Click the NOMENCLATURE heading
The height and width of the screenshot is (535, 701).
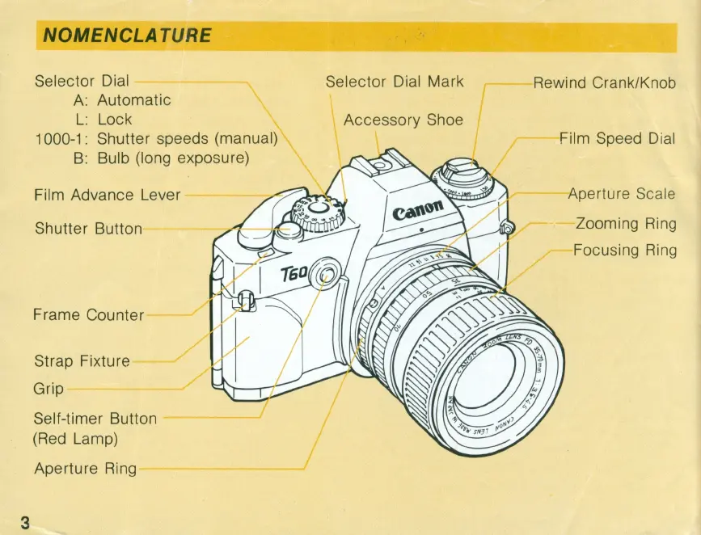[127, 36]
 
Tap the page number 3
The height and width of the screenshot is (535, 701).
[25, 521]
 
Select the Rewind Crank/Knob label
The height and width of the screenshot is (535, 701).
[604, 83]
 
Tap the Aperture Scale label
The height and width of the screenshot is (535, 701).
[621, 194]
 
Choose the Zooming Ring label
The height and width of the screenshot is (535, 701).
[625, 223]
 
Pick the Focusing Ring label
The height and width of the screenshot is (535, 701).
[624, 250]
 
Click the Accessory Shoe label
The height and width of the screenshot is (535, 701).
[403, 120]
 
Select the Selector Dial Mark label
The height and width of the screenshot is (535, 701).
[394, 82]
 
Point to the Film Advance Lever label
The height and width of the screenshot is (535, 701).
[108, 195]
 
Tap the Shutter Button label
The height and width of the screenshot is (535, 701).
[88, 229]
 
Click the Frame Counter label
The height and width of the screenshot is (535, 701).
[88, 314]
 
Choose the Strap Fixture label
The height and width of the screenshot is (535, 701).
[82, 360]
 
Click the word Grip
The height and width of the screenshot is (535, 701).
[48, 389]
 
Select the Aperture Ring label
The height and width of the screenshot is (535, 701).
[85, 469]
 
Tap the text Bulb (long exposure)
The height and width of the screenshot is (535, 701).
[172, 158]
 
